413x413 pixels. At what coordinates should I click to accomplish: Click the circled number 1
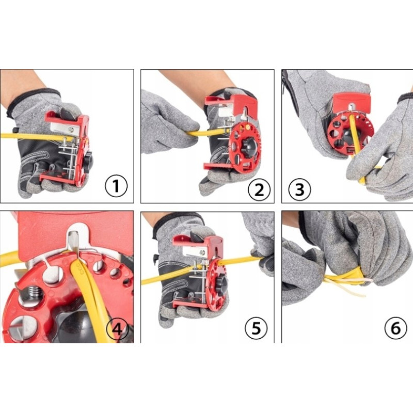pos(116,186)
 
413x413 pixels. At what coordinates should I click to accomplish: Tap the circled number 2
pos(259,189)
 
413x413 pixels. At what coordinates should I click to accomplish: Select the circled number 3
pos(299,189)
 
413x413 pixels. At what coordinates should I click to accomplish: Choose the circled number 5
pos(256,328)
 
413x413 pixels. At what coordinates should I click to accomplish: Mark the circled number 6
pos(395,328)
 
